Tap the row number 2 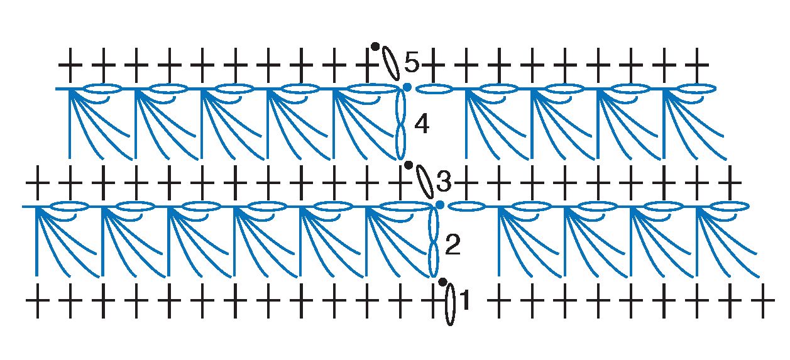point(453,244)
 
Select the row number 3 point(444,182)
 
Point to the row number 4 point(422,124)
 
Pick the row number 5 point(412,62)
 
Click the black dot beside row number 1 point(442,281)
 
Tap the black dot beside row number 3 point(409,165)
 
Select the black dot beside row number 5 point(375,46)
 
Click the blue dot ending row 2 point(440,205)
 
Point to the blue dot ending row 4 point(407,87)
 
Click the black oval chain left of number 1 point(450,305)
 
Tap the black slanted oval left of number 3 point(425,182)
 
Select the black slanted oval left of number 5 point(391,63)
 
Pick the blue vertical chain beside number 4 point(400,125)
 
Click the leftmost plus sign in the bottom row point(37,300)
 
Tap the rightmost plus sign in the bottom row point(763,300)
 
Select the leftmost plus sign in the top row point(70,65)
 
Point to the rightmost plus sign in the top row point(697,65)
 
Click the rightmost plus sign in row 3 point(730,183)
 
